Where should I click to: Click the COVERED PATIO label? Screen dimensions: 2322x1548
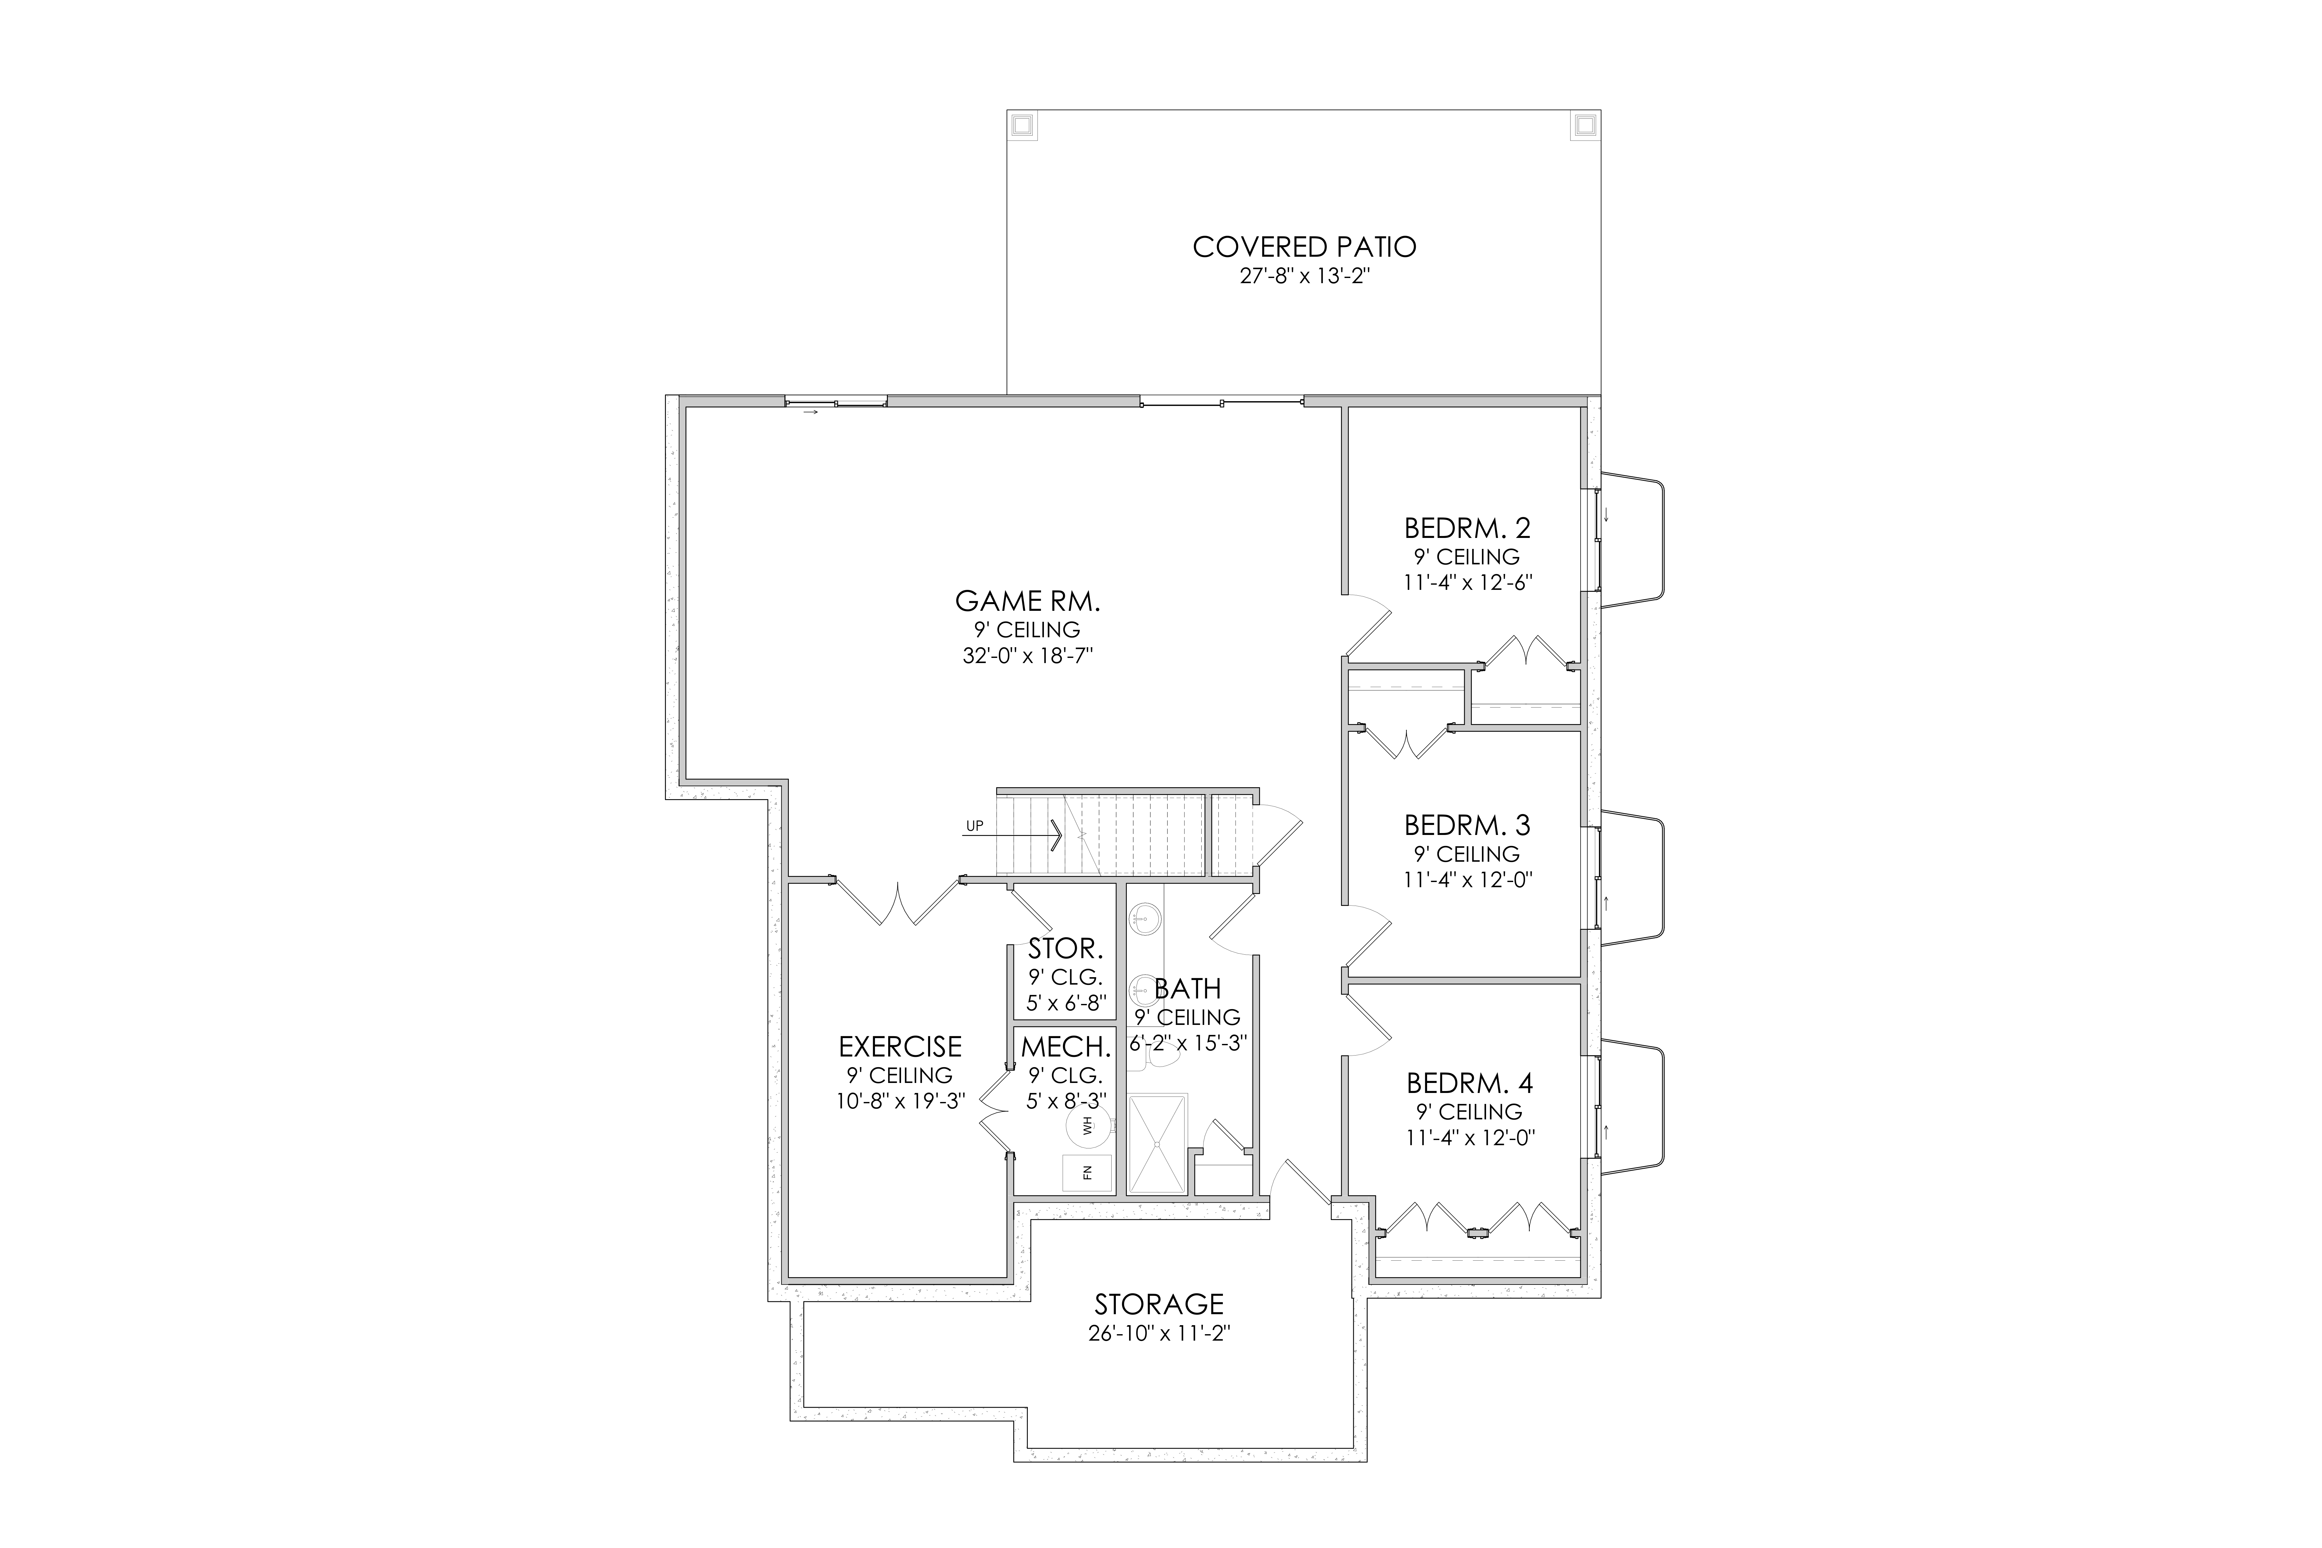point(1304,247)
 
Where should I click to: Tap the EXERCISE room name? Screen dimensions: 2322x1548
point(900,1047)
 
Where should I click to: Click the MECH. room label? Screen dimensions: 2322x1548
point(1066,1047)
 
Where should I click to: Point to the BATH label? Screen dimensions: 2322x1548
point(1188,988)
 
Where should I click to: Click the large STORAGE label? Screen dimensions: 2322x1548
point(1159,1304)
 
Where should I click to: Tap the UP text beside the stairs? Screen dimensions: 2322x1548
point(974,826)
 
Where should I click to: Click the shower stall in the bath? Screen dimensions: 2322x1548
point(1157,1144)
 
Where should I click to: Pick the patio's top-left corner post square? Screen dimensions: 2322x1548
point(1022,125)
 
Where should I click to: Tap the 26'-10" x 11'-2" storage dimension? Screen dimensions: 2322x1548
point(1159,1334)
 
